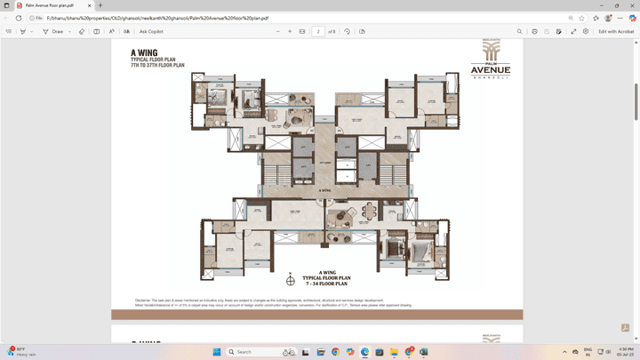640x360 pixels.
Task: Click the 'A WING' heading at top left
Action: (144, 52)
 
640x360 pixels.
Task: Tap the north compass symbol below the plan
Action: (290, 281)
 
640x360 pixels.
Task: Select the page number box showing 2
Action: (317, 31)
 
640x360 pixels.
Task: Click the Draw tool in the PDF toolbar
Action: (54, 31)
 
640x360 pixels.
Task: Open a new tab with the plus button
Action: (100, 5)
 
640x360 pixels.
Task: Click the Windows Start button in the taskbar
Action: (218, 352)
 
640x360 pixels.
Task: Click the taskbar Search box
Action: (253, 352)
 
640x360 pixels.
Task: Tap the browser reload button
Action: (18, 18)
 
